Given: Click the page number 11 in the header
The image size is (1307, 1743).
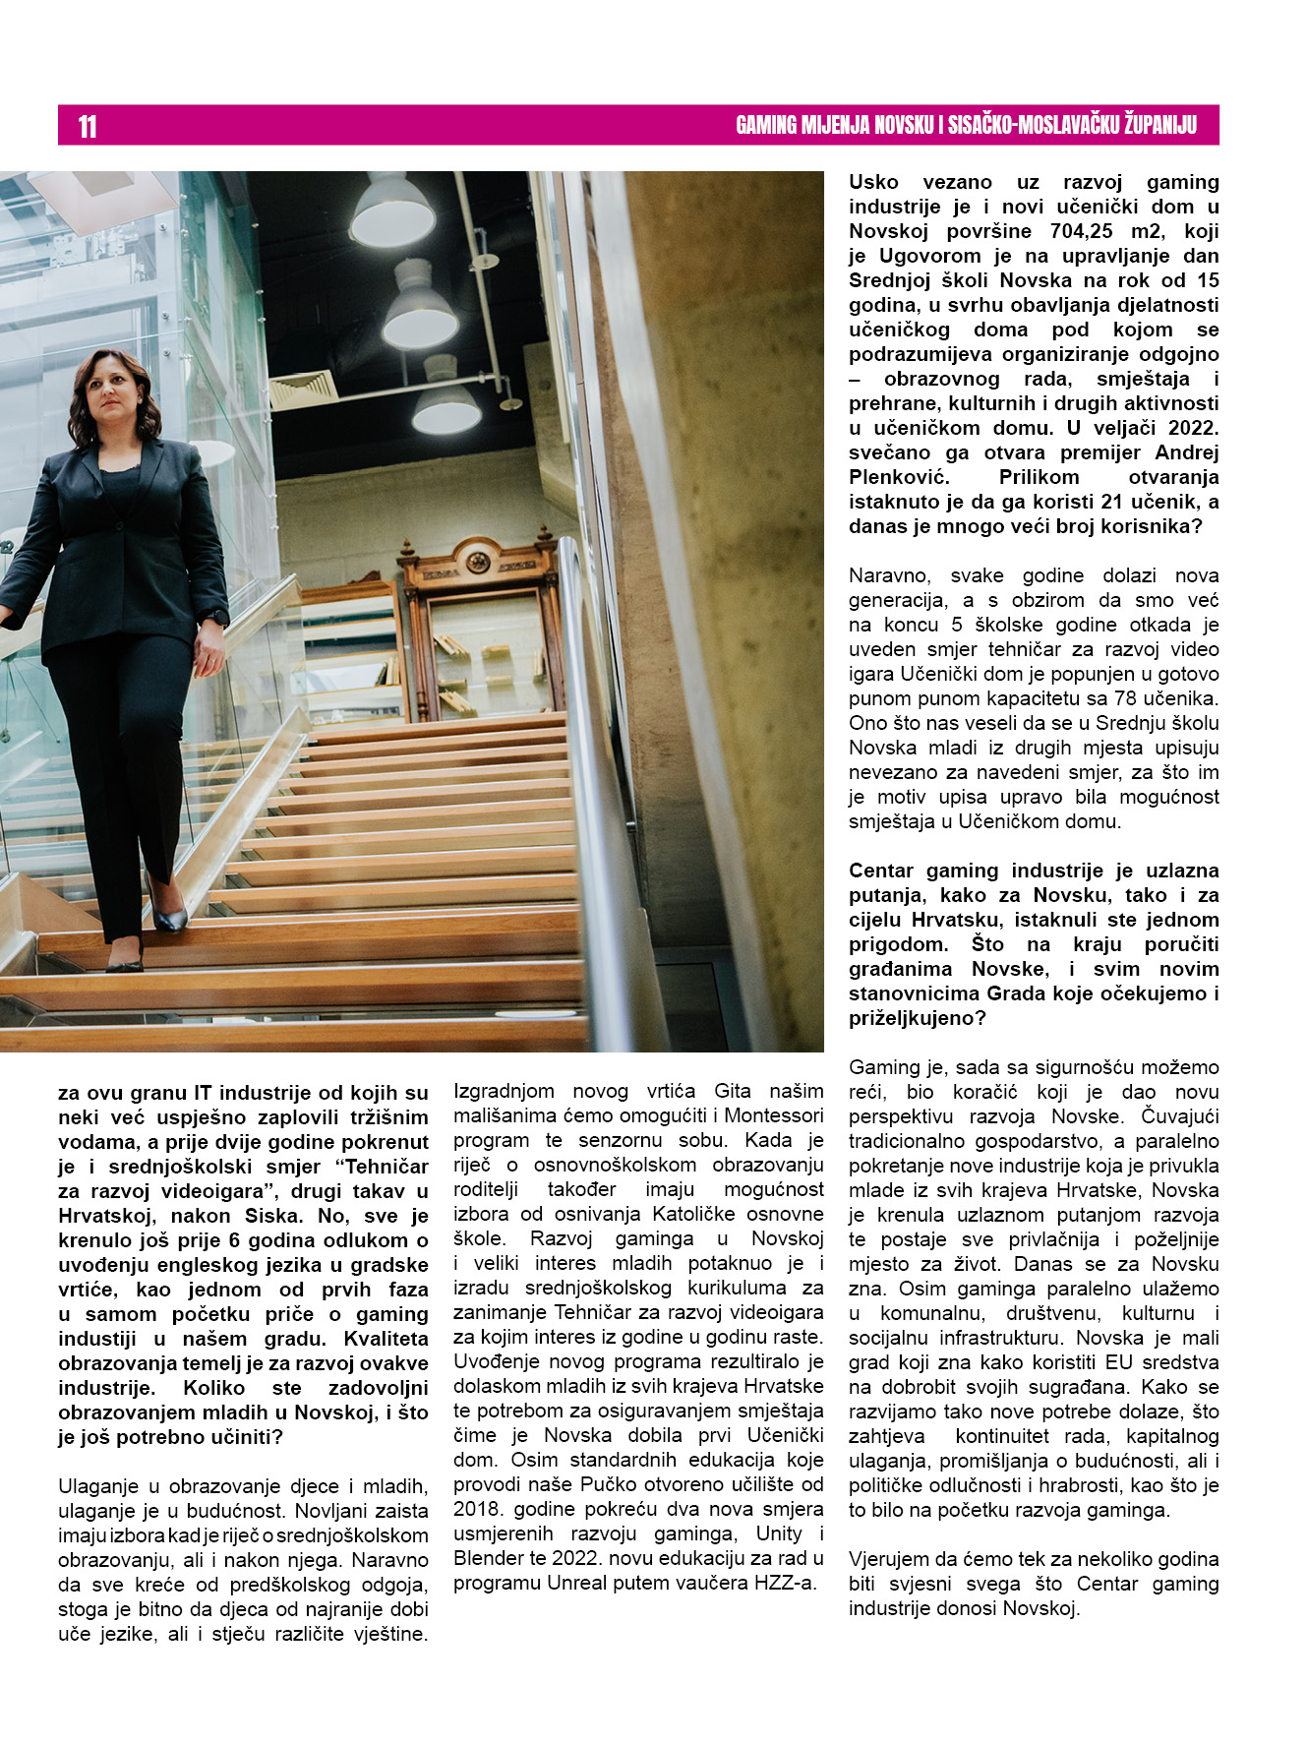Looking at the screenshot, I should click(x=88, y=126).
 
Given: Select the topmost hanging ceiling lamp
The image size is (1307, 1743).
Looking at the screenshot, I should click(x=392, y=210).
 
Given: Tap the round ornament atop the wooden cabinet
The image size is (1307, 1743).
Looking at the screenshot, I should click(x=478, y=562).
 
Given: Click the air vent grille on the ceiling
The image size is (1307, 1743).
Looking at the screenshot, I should click(x=303, y=390).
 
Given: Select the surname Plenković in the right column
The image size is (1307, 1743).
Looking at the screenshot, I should click(x=893, y=477).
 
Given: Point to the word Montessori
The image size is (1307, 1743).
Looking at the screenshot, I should click(x=773, y=1115).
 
